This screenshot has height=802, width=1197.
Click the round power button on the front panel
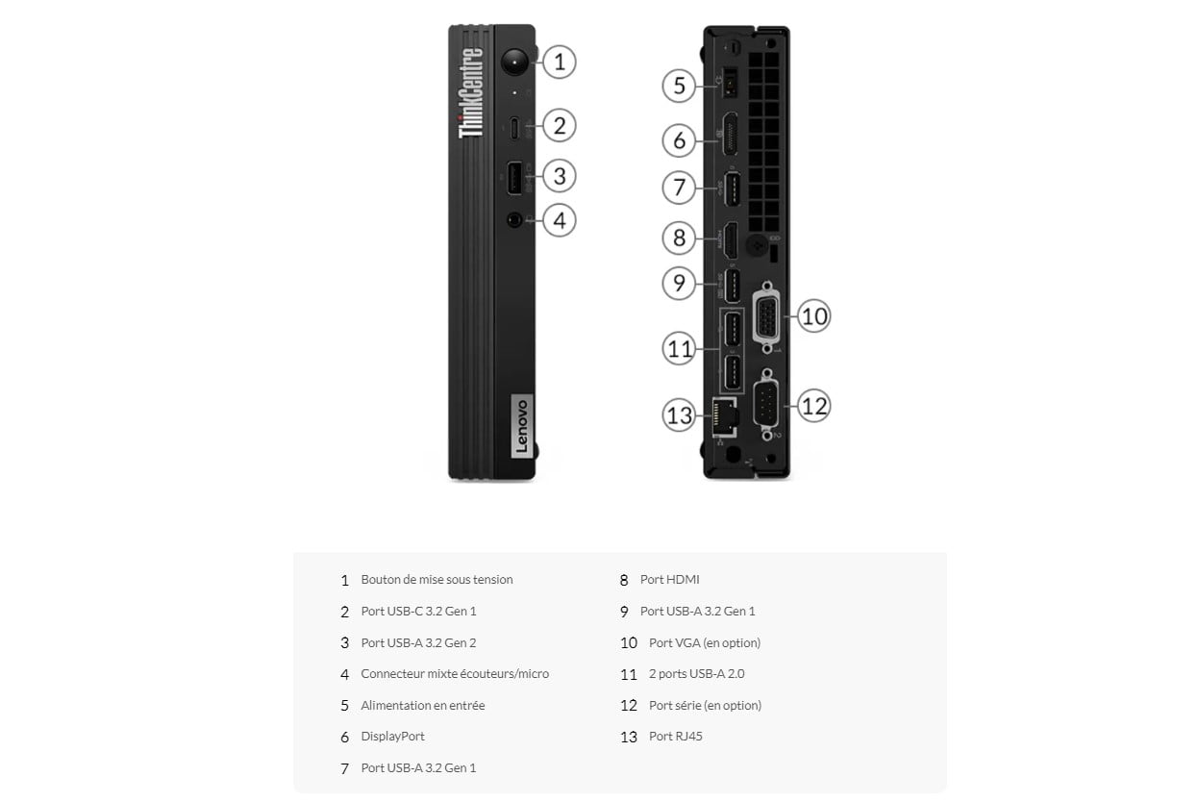[514, 62]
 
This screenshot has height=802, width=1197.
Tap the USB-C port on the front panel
[514, 128]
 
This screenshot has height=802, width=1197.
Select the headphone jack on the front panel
[514, 219]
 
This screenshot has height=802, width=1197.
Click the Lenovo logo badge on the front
[521, 426]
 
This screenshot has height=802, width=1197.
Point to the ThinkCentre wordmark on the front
[470, 92]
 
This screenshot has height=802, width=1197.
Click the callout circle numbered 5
[679, 86]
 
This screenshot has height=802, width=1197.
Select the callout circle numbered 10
[813, 315]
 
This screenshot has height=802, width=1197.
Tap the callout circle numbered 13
[679, 415]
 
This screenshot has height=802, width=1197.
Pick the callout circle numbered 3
[559, 176]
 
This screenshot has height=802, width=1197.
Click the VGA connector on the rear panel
[767, 317]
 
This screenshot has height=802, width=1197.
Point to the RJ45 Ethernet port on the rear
[726, 417]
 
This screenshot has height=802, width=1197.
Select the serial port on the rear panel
[765, 405]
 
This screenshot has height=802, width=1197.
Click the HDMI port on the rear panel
[731, 239]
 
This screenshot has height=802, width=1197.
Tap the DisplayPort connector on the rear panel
[730, 134]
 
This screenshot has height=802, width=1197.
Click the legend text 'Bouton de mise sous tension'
[436, 580]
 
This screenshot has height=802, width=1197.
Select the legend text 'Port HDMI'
[669, 580]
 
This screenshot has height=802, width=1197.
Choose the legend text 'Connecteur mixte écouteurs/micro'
[455, 674]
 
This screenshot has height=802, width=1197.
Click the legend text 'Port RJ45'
[676, 737]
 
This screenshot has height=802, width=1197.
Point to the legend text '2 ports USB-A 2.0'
[696, 674]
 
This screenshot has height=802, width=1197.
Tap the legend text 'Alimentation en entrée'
[423, 705]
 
